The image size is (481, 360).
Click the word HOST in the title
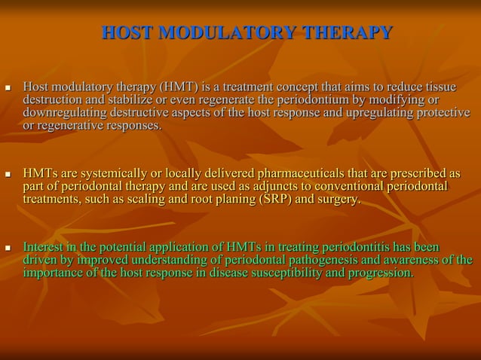125,33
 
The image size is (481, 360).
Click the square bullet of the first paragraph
9,89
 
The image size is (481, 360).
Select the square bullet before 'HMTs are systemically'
9,175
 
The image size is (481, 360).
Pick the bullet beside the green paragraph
9,248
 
